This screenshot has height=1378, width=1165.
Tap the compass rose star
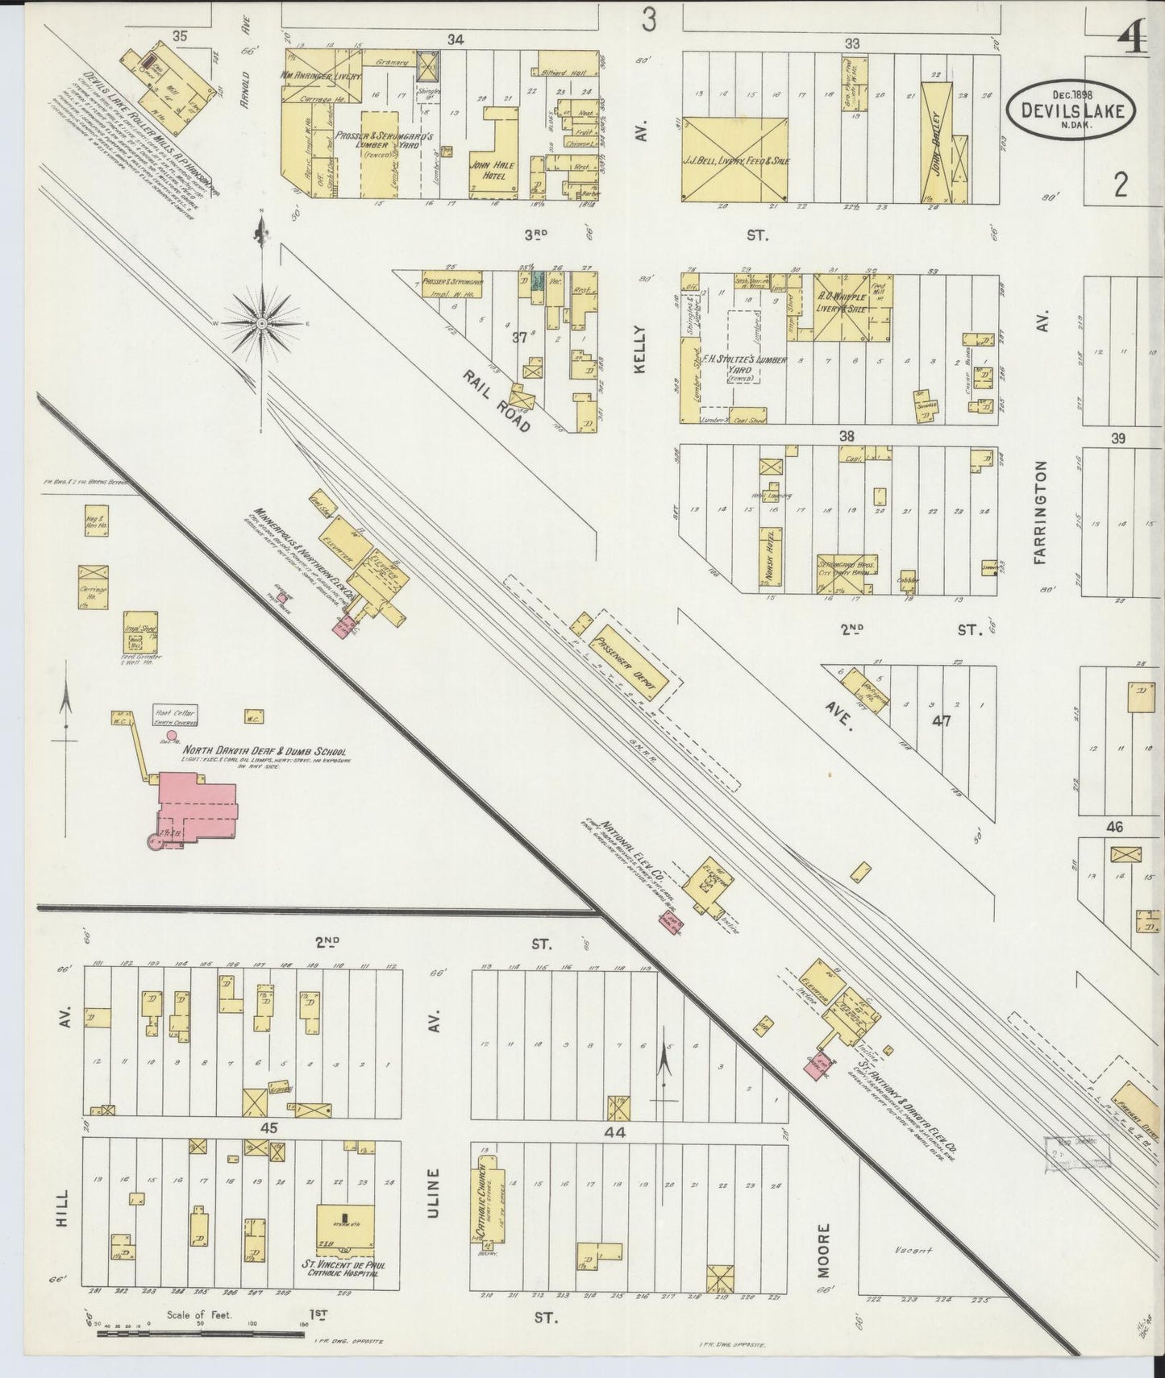tap(262, 323)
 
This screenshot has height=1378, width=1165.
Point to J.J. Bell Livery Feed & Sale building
tap(734, 159)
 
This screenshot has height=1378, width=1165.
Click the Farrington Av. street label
tap(1041, 513)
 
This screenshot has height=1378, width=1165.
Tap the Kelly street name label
tap(641, 349)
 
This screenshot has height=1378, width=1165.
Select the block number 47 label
tap(941, 720)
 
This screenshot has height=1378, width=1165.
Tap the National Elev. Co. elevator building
tap(707, 885)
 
